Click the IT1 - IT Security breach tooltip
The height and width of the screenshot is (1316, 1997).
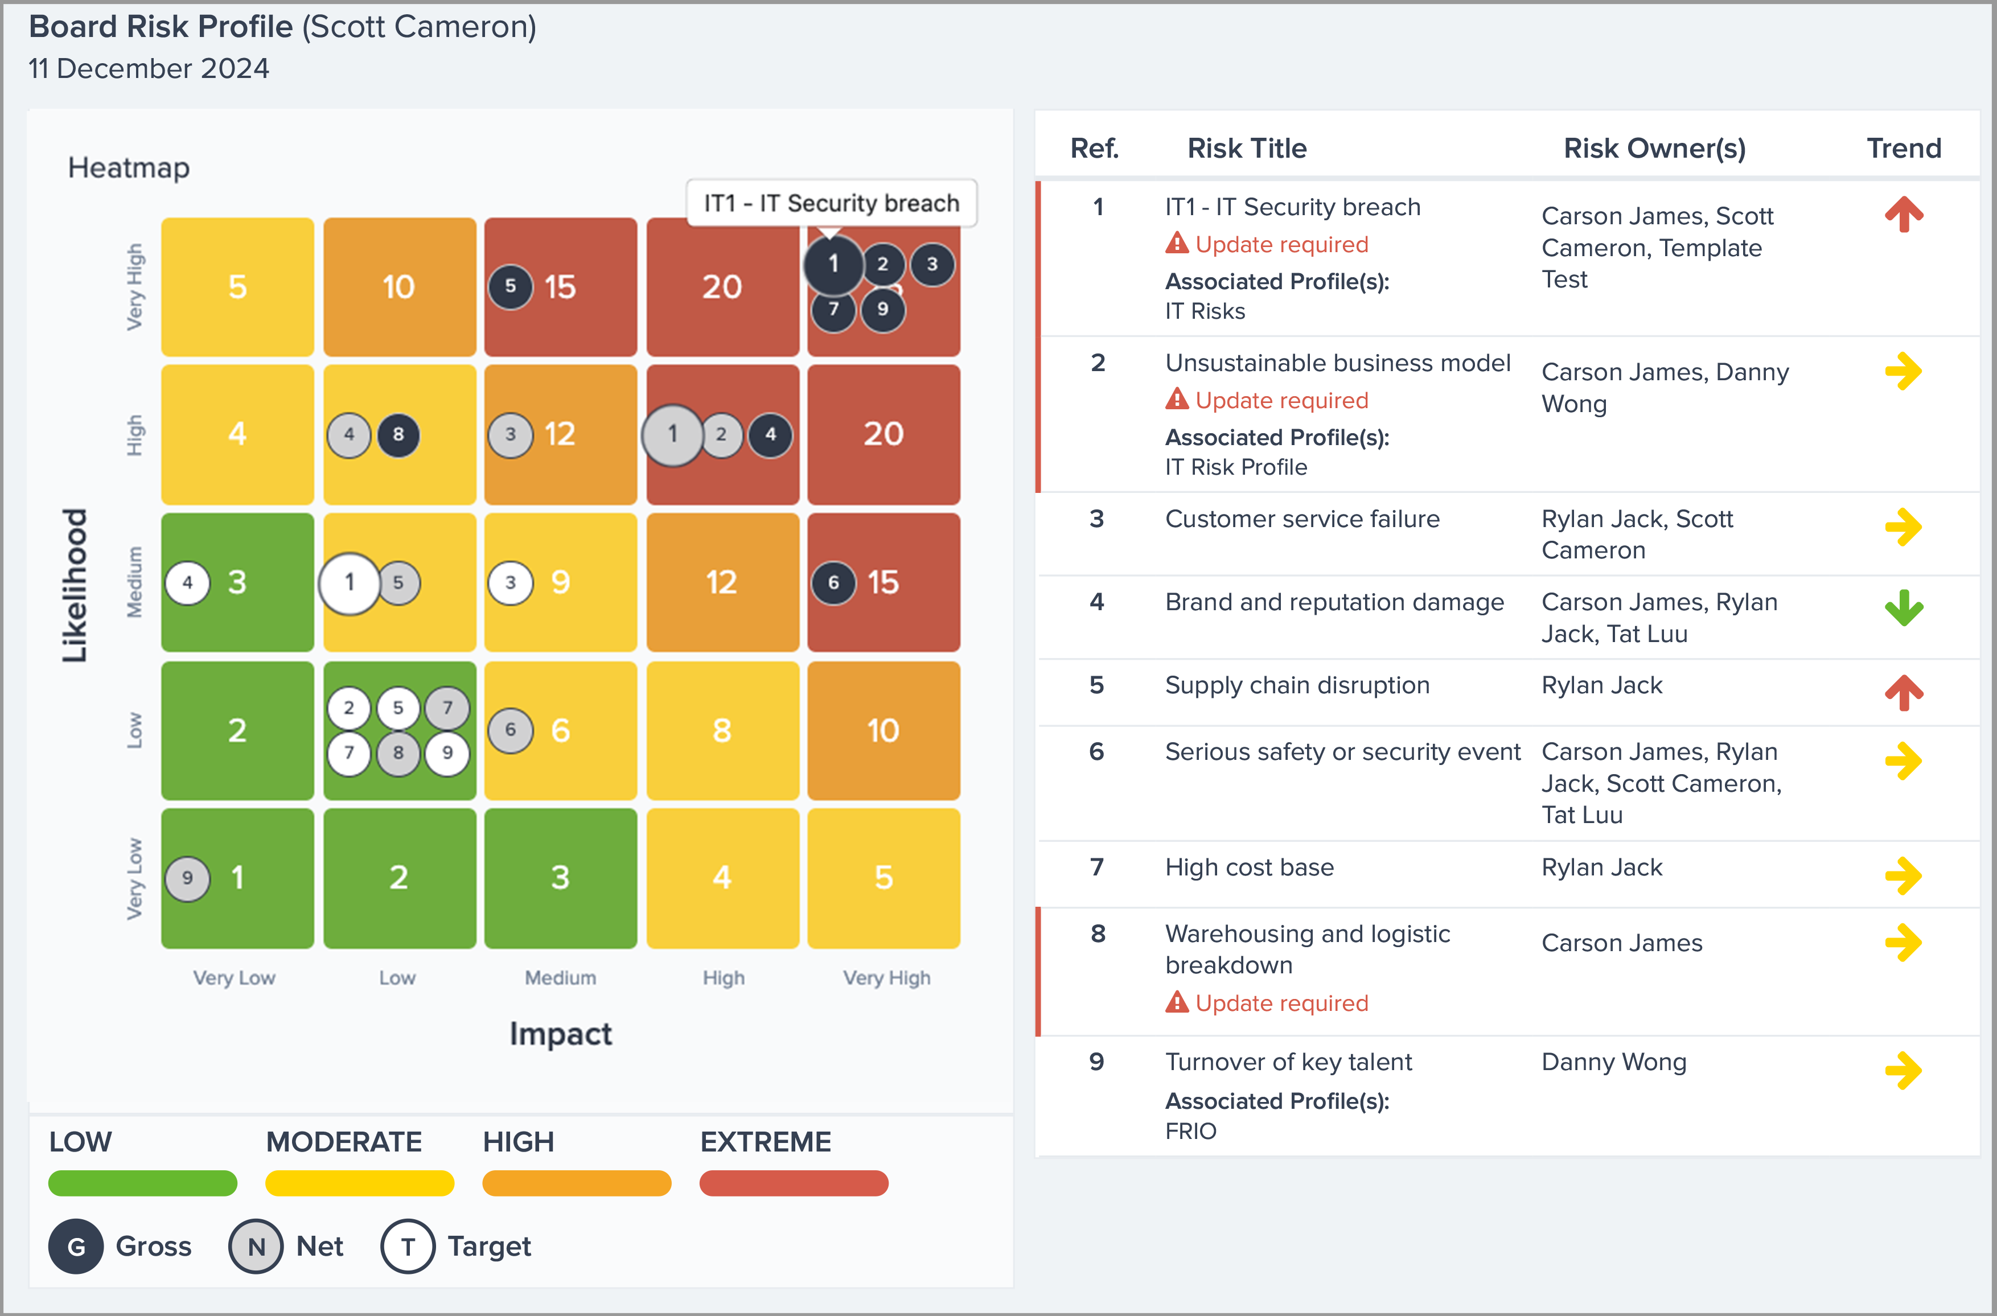(x=831, y=203)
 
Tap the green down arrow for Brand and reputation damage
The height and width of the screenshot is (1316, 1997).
(x=1903, y=608)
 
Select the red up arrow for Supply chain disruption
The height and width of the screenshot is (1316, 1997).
(x=1903, y=692)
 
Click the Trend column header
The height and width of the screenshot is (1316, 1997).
(x=1903, y=149)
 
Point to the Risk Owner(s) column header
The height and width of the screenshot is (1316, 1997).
(x=1654, y=149)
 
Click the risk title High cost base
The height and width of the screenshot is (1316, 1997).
(x=1249, y=867)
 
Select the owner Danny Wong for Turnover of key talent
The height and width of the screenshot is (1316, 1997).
(x=1613, y=1062)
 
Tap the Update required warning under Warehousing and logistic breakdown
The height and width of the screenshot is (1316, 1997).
(x=1268, y=1003)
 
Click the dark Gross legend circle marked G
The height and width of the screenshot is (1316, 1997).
(x=76, y=1247)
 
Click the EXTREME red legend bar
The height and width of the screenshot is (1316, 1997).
(x=793, y=1183)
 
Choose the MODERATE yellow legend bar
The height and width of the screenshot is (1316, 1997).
(x=359, y=1183)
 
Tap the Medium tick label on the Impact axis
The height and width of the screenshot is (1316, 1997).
(x=561, y=978)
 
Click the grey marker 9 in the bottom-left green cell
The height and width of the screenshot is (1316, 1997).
(x=187, y=878)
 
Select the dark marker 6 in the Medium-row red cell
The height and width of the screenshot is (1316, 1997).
(x=833, y=582)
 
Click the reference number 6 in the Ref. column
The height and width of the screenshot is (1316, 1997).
(x=1096, y=752)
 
